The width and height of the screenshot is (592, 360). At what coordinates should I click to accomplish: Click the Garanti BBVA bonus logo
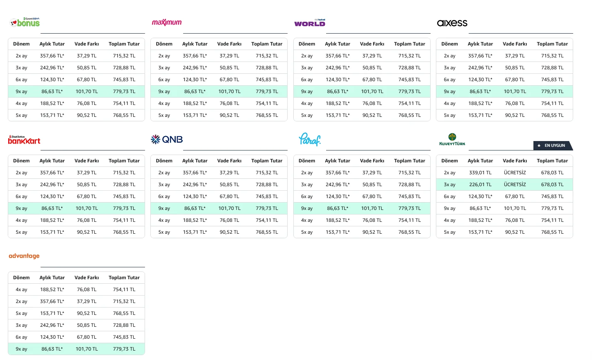(25, 22)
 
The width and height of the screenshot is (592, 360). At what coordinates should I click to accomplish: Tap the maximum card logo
(167, 23)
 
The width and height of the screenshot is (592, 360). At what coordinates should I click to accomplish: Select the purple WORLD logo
(310, 23)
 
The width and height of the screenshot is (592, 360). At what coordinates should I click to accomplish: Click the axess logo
(452, 23)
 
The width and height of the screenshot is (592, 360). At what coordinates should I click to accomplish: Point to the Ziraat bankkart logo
(24, 140)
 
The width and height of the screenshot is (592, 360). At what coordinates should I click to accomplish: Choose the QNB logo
(167, 139)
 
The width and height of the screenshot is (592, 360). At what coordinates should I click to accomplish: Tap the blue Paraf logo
(310, 139)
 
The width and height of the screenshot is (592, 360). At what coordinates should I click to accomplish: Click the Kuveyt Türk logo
(452, 139)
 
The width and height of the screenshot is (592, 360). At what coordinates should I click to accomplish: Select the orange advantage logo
(24, 256)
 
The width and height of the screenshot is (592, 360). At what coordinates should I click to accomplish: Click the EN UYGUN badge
(553, 146)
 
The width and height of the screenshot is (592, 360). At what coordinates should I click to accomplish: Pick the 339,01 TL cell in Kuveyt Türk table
(480, 173)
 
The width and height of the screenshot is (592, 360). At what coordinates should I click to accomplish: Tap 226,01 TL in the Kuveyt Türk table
(480, 185)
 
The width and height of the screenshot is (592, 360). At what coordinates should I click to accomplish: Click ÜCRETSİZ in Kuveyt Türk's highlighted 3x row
(515, 185)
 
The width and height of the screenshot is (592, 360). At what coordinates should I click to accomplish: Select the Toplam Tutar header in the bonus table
(124, 44)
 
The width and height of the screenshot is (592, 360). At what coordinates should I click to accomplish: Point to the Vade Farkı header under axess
(515, 44)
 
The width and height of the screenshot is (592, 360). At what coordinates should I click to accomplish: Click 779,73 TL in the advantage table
(124, 349)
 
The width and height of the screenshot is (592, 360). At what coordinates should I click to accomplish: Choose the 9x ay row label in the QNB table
(164, 208)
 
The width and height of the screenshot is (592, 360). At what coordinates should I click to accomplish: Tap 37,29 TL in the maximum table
(229, 56)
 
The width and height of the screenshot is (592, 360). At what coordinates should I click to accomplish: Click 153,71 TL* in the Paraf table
(338, 232)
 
